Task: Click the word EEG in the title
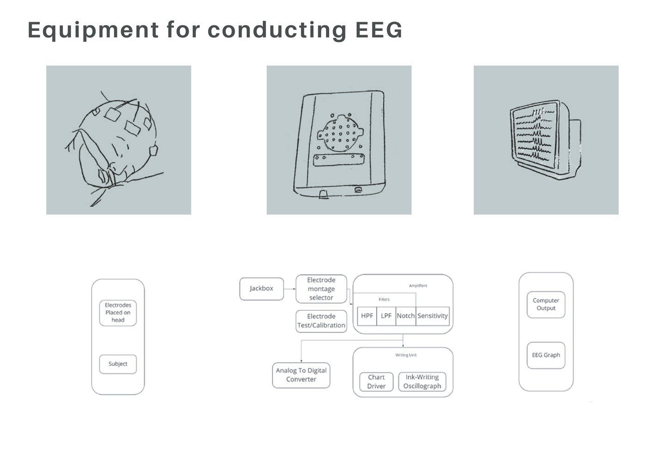click(x=379, y=30)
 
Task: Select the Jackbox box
click(x=261, y=289)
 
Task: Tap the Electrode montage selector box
click(x=321, y=289)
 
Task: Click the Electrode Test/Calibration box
click(x=321, y=321)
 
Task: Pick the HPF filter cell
click(x=367, y=316)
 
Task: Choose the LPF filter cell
click(x=386, y=316)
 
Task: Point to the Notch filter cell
click(x=405, y=316)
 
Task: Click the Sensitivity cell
click(x=432, y=316)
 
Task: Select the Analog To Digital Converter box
click(x=301, y=375)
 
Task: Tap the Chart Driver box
click(x=376, y=382)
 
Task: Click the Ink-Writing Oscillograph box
click(x=422, y=382)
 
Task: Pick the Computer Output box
click(x=546, y=304)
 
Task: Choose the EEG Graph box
click(x=546, y=355)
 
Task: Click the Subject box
click(x=118, y=364)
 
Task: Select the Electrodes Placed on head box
click(x=118, y=313)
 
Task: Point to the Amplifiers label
click(x=418, y=286)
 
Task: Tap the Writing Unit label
click(x=406, y=355)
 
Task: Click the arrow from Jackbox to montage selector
click(x=290, y=289)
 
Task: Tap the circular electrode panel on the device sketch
click(x=339, y=132)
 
